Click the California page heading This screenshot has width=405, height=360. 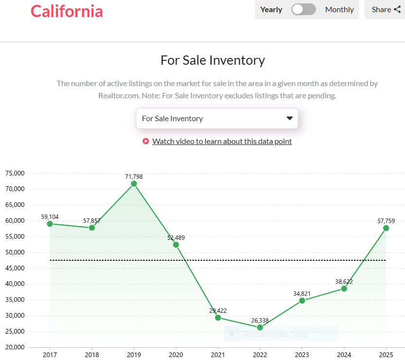(x=67, y=11)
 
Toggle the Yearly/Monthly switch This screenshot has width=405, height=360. (x=304, y=9)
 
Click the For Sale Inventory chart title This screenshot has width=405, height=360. (x=213, y=60)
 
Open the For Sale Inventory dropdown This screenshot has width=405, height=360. (x=217, y=118)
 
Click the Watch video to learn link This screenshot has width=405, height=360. (x=222, y=142)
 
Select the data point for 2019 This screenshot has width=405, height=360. (x=134, y=183)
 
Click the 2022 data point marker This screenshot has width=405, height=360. (x=260, y=327)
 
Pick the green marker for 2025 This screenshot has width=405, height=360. (x=386, y=228)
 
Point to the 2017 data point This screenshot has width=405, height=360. (x=50, y=224)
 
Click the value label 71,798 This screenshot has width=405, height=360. (x=134, y=177)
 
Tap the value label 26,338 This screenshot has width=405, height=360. (x=260, y=321)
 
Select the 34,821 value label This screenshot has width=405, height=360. (x=302, y=294)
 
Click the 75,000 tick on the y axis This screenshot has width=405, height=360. (x=15, y=173)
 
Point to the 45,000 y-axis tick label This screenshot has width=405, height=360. (x=15, y=268)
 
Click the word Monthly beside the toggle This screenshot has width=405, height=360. (x=339, y=9)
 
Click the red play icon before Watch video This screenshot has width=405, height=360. (x=146, y=142)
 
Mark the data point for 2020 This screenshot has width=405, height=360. (x=176, y=245)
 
